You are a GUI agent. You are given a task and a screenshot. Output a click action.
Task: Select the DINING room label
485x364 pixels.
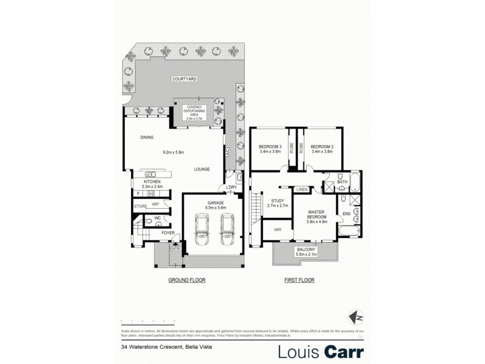(x=146, y=137)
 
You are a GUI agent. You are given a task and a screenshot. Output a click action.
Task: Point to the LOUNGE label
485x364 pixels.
(x=202, y=170)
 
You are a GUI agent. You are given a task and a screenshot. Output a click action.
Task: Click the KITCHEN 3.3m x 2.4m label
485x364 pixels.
(x=151, y=184)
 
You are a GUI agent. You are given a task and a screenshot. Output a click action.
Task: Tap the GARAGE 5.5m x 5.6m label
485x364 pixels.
(x=216, y=205)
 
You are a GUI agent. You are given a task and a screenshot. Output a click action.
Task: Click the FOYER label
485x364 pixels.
(x=168, y=232)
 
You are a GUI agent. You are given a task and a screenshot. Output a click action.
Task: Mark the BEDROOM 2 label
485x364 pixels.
(x=322, y=149)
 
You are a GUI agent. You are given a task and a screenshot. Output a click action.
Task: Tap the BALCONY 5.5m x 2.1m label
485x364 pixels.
(x=304, y=252)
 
